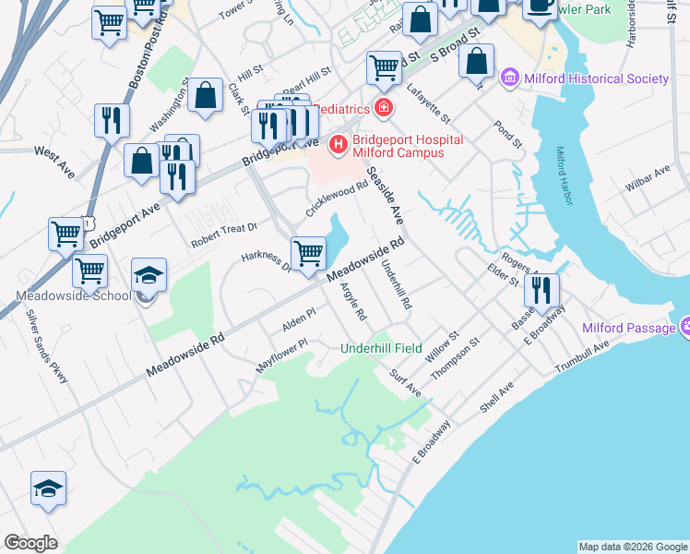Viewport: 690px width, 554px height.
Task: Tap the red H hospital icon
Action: tap(338, 145)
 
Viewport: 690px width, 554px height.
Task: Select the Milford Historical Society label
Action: tap(596, 78)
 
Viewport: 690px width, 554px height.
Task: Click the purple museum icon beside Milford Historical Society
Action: tap(510, 78)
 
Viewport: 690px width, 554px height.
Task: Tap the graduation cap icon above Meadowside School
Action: tap(149, 274)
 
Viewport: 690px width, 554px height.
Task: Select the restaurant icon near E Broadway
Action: tap(541, 290)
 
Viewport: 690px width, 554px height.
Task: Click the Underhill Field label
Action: tap(381, 348)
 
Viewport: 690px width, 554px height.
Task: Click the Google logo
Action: tap(31, 542)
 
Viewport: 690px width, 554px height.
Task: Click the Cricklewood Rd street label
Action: tap(337, 199)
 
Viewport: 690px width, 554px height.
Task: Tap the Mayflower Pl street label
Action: tap(280, 355)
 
